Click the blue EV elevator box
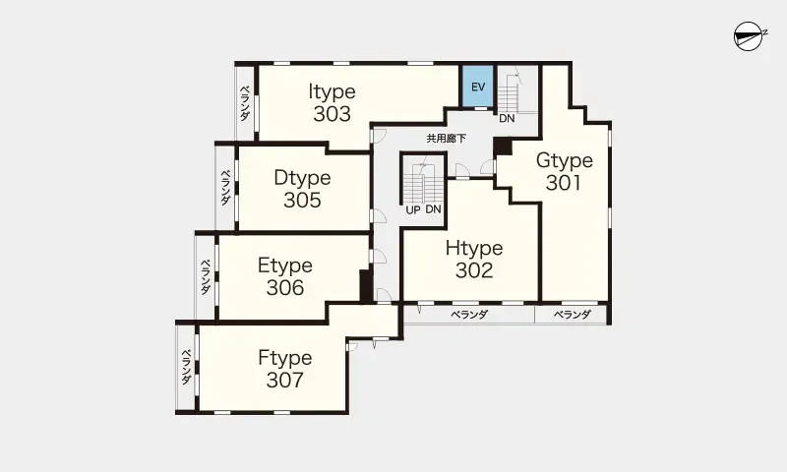click(x=478, y=86)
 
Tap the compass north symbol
click(x=750, y=36)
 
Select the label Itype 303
click(x=332, y=103)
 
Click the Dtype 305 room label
click(x=302, y=189)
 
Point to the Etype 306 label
click(x=285, y=276)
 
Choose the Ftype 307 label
click(x=285, y=369)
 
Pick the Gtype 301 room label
click(x=564, y=171)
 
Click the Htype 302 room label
click(x=474, y=260)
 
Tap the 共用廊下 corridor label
click(x=447, y=139)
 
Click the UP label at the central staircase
click(x=413, y=210)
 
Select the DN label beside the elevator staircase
click(x=507, y=119)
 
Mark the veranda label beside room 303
click(x=244, y=103)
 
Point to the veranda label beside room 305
click(x=226, y=187)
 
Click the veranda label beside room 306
click(x=206, y=277)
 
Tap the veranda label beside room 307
click(x=186, y=367)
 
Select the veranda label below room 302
click(x=469, y=315)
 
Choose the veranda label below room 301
click(x=573, y=315)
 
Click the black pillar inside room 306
click(x=366, y=286)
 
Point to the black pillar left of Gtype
click(x=502, y=146)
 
